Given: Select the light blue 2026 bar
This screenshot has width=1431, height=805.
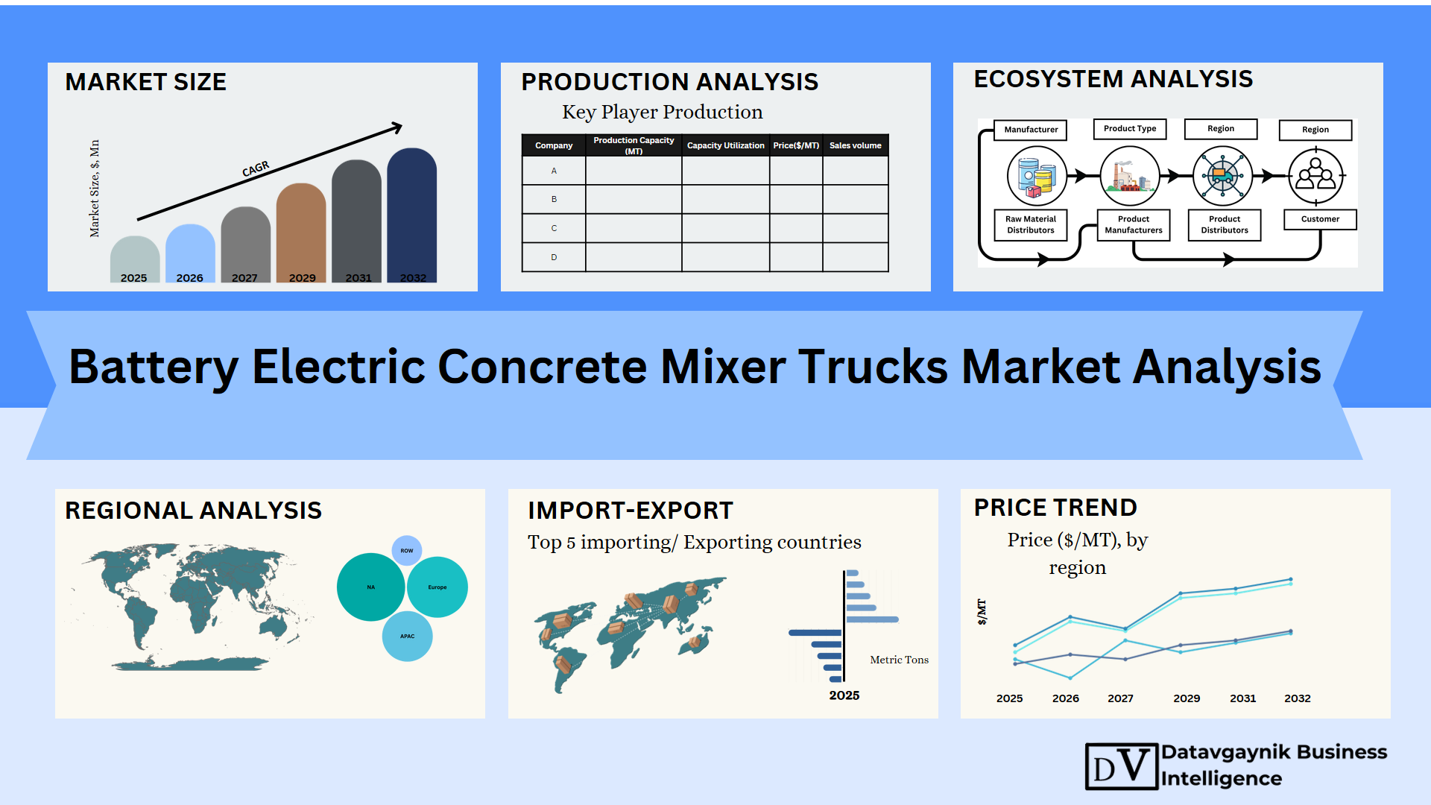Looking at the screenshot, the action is pos(190,253).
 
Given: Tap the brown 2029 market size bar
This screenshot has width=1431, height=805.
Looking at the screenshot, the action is pos(301,233).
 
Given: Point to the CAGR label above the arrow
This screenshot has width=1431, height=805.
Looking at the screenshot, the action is pos(256,169).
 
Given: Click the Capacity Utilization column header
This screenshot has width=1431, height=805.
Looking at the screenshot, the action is pos(725,145).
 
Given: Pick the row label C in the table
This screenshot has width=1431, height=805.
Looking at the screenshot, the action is pos(554,228).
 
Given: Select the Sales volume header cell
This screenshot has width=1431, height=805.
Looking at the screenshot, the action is pos(856,145).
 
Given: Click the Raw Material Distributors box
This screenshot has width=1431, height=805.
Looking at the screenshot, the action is pos(1031,224).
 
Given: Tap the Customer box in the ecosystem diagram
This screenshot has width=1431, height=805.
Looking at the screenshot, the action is pos(1320,219).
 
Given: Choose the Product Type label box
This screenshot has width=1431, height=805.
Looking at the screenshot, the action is pos(1130,129).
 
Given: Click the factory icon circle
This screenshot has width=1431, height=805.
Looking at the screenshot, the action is pos(1130,176).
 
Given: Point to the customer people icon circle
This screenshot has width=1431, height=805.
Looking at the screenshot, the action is pos(1316,177).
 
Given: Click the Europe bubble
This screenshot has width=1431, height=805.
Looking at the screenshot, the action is pos(437,587).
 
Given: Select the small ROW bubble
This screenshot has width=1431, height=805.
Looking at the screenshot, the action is pos(407,551).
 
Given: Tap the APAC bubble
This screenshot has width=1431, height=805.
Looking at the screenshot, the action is pos(407,637).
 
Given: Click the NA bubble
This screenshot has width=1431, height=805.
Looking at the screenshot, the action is pos(371,587).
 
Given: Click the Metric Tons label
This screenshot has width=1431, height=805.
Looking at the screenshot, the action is pos(900,660).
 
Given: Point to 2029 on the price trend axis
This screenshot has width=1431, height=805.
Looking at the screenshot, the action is pos(1187,698).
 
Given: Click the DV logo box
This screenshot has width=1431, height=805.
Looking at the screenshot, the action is pos(1122,766).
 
